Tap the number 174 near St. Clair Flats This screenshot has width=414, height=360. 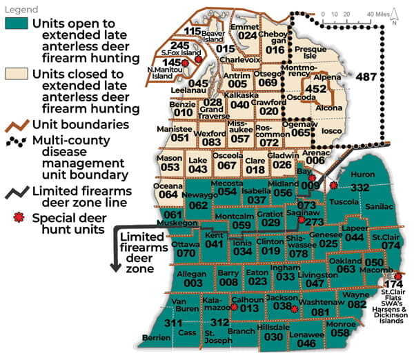point(393,284)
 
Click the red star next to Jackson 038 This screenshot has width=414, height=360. point(295,310)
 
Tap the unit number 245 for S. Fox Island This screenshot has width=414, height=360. point(180,45)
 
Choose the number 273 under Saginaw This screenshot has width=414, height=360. point(314,222)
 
